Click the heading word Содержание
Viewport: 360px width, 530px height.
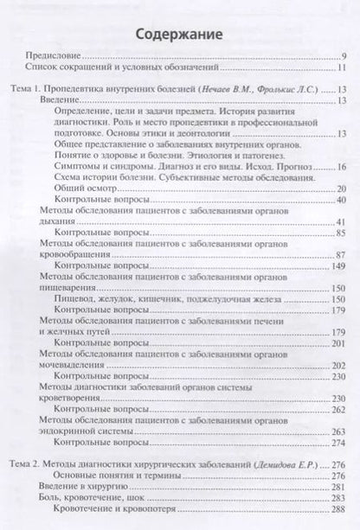click(180, 35)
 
